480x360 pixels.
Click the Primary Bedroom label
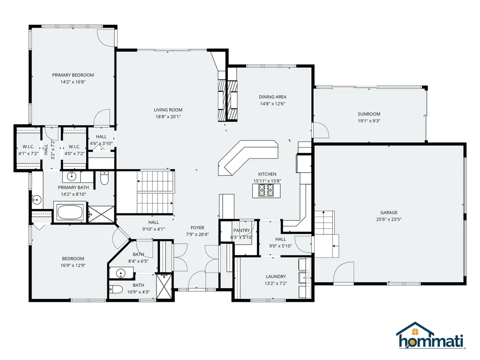pyautogui.click(x=73, y=75)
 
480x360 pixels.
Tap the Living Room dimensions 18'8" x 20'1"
pyautogui.click(x=168, y=117)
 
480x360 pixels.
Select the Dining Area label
pyautogui.click(x=272, y=97)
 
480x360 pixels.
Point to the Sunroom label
pyautogui.click(x=369, y=114)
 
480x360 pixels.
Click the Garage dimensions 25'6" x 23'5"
pyautogui.click(x=389, y=219)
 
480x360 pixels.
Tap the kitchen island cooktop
pyautogui.click(x=266, y=191)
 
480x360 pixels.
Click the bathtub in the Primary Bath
pyautogui.click(x=70, y=212)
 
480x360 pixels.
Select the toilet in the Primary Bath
pyautogui.click(x=104, y=179)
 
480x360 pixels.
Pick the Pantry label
pyautogui.click(x=241, y=230)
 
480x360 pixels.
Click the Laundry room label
pyautogui.click(x=276, y=277)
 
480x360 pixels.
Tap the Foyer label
pyautogui.click(x=197, y=228)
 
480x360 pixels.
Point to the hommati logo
pyautogui.click(x=431, y=336)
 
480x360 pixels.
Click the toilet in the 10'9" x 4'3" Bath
pyautogui.click(x=116, y=289)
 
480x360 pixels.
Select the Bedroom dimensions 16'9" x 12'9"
pyautogui.click(x=73, y=265)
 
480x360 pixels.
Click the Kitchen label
pyautogui.click(x=267, y=174)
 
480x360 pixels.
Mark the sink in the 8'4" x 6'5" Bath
pyautogui.click(x=121, y=273)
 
